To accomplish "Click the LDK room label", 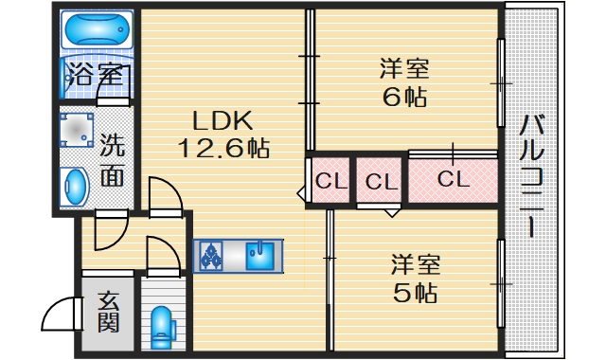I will [222, 121].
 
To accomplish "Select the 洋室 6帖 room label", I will [404, 82].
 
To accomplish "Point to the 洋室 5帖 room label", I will [416, 277].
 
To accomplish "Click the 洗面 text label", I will [112, 160].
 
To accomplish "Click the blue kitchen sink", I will [258, 255].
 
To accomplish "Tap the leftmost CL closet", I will [330, 180].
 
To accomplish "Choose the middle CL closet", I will [380, 180].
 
